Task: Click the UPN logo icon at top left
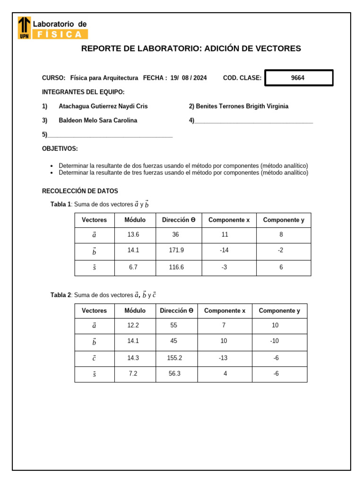(x=25, y=28)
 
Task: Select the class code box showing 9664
(x=299, y=78)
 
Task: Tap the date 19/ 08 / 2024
(x=188, y=78)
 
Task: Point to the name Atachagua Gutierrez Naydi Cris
(x=103, y=107)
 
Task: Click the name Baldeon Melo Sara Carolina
(x=98, y=121)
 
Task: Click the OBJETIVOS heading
(x=60, y=149)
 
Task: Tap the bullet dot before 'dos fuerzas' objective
(x=52, y=167)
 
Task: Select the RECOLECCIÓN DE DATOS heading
(x=80, y=192)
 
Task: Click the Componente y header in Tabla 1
(x=284, y=220)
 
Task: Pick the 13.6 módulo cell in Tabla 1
(x=133, y=235)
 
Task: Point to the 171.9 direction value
(x=176, y=250)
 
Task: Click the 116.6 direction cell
(x=176, y=267)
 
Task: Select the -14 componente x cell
(x=224, y=250)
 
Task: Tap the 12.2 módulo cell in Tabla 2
(x=133, y=325)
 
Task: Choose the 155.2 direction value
(x=174, y=358)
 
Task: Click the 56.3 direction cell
(x=174, y=374)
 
